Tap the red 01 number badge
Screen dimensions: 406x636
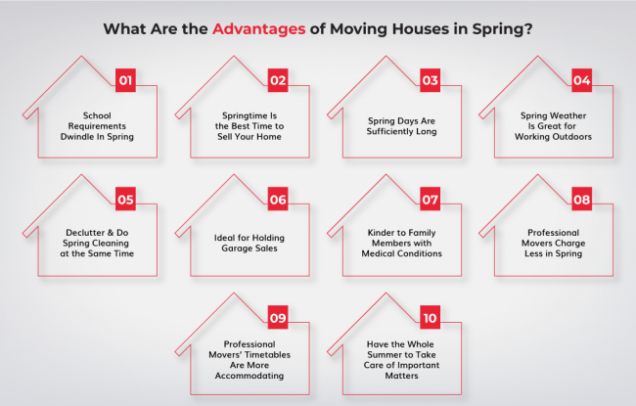[x=125, y=80]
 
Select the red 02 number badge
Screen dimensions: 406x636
[x=278, y=80]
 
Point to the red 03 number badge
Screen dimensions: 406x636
[x=430, y=80]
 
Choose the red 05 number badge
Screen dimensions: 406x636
[x=125, y=200]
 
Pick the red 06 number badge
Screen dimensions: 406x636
[x=278, y=200]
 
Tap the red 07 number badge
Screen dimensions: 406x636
[x=430, y=200]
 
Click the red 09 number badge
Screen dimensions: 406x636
[x=278, y=318]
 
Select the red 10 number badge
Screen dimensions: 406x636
[x=430, y=318]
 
